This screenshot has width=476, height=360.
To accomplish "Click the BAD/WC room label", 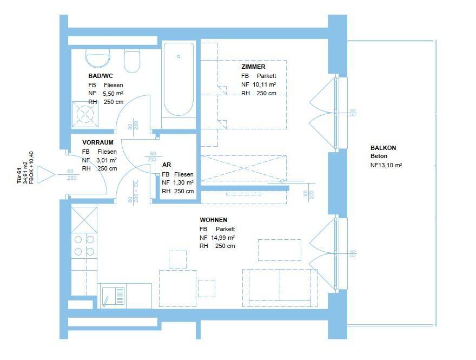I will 100,76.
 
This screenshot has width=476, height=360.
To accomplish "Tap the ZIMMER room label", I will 253,67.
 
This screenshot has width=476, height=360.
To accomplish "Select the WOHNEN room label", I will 213,220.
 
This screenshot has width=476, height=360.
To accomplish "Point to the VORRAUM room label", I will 97,142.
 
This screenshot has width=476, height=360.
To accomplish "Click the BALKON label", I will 383,148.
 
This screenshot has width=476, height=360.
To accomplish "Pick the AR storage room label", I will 166,165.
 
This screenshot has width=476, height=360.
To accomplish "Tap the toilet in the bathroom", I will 132,61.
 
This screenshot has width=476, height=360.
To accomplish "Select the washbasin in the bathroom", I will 98,58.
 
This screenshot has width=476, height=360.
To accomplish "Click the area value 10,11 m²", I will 265,84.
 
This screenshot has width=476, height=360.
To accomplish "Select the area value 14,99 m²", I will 222,238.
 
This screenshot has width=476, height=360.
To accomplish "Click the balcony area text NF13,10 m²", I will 386,166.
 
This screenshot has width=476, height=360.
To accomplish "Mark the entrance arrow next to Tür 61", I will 45,174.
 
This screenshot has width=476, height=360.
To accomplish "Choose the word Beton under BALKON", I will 379,156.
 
